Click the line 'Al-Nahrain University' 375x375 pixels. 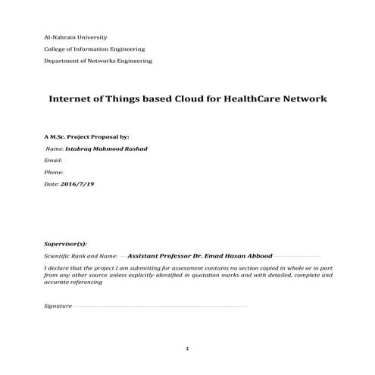click(76, 37)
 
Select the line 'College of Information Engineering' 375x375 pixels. click(93, 48)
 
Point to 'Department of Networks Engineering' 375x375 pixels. click(98, 60)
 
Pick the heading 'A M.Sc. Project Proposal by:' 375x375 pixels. click(82, 137)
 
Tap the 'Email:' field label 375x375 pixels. click(53, 161)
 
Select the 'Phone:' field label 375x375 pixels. click(55, 172)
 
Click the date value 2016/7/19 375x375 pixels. click(77, 184)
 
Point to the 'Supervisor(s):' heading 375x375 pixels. click(66, 245)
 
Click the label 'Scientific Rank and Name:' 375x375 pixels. click(81, 257)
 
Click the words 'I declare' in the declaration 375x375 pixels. click(57, 268)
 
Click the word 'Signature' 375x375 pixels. click(58, 306)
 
